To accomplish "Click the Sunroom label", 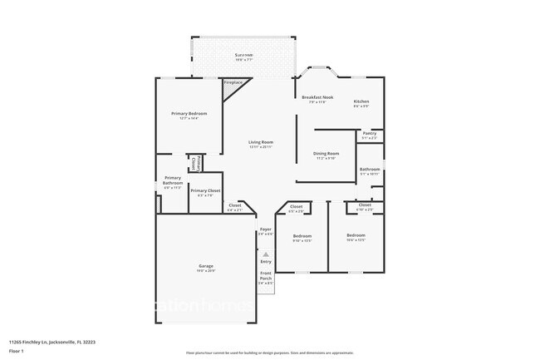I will coord(243,57).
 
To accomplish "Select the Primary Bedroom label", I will coord(189,115).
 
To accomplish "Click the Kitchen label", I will coord(361,102).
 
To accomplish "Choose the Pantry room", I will coord(370,136).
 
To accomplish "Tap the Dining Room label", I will coord(326,155).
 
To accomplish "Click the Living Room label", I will coord(261,144).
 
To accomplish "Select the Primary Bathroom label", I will coord(172,182).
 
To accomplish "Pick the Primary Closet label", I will coord(205,192).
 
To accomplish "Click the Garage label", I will coord(205,268).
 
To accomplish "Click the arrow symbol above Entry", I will coord(266,254).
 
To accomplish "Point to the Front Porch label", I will coord(265,279).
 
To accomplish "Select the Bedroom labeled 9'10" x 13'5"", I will coord(302,238).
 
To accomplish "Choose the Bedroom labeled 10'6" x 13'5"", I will coord(356,237).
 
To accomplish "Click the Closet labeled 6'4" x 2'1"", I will coord(235,208).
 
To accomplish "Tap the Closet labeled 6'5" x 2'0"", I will coord(296,209).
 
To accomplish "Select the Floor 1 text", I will coord(17,351).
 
